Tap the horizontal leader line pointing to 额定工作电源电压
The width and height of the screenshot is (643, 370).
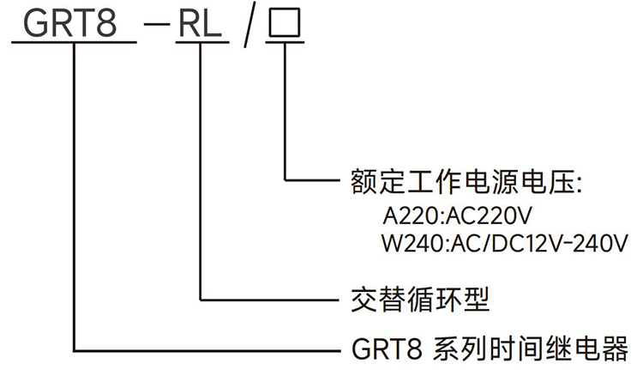[x=313, y=180]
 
